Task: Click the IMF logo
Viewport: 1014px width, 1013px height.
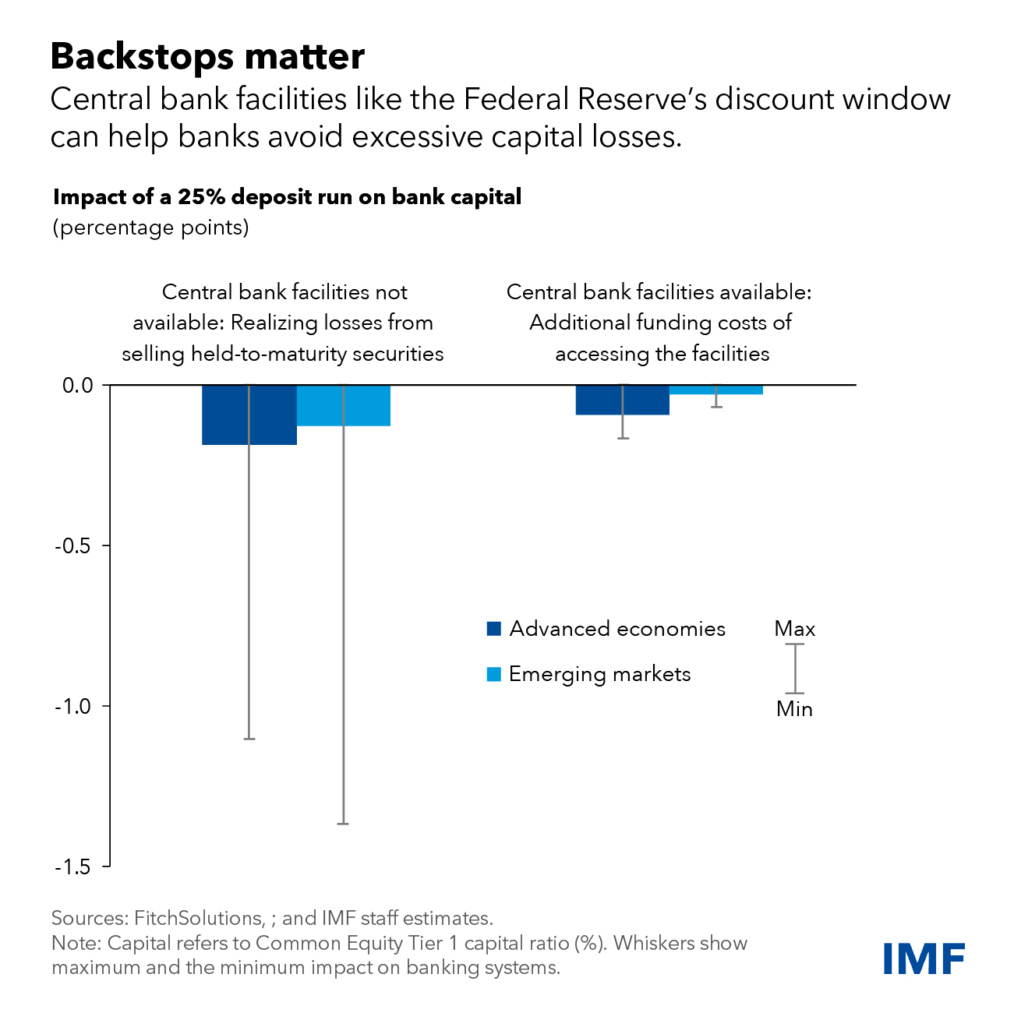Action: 924,958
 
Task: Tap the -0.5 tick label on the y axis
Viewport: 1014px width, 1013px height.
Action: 72,545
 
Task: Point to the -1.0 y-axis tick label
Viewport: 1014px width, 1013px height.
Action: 72,706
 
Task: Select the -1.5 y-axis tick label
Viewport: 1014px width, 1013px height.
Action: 72,867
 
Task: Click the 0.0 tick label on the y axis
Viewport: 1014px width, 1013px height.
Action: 76,385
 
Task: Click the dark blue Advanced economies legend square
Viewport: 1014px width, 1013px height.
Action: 493,629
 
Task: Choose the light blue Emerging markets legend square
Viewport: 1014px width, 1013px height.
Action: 493,674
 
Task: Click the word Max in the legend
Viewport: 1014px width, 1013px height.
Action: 795,629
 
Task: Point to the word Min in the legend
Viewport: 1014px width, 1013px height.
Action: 795,709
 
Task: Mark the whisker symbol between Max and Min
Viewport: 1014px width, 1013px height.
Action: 795,669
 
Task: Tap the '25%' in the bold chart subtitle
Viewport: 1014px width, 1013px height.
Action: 201,197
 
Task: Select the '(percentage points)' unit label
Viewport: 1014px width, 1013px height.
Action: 150,228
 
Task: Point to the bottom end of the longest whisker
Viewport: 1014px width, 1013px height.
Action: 343,824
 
